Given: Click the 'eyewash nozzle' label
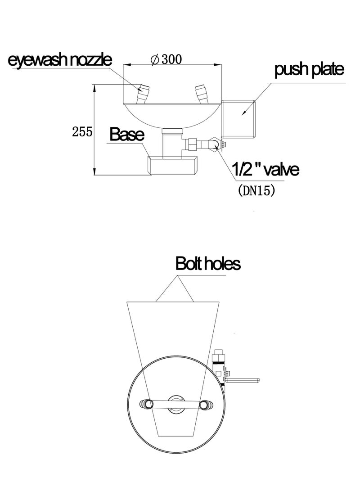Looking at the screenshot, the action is (x=60, y=60).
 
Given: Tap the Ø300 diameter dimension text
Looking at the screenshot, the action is (x=166, y=59).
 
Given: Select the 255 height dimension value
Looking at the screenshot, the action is (x=82, y=132).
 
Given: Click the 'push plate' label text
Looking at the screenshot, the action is (x=309, y=70).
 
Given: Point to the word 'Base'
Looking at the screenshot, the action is (x=126, y=135).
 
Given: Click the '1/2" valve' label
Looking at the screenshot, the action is (x=265, y=170).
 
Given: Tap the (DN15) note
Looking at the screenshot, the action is (x=256, y=190).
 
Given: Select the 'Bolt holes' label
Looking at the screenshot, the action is (x=208, y=263).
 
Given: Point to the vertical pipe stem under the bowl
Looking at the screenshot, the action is (x=172, y=143).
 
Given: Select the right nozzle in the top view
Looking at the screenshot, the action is (x=206, y=405).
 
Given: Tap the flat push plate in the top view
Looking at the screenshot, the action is (x=243, y=380).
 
